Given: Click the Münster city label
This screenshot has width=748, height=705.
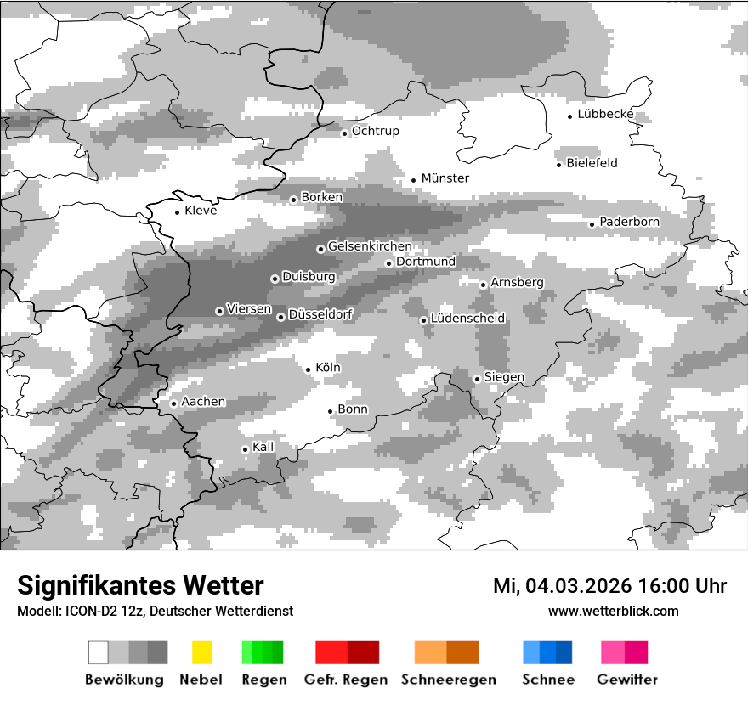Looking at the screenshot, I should click(445, 178).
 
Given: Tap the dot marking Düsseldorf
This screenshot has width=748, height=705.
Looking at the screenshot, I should click(281, 317).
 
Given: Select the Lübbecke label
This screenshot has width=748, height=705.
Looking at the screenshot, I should click(605, 114).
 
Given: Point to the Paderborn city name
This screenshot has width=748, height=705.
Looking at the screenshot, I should click(629, 223).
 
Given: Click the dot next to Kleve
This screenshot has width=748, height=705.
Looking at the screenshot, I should click(177, 212).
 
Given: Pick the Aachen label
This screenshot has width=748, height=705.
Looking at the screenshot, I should click(203, 402).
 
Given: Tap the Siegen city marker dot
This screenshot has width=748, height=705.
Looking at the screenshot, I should click(477, 379).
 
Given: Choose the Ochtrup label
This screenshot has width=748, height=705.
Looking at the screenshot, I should click(375, 132).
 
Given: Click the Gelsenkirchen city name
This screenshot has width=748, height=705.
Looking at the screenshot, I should click(370, 247).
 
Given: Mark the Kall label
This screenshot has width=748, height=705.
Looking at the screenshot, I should click(263, 447).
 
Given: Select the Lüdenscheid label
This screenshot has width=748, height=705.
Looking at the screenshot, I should click(467, 319).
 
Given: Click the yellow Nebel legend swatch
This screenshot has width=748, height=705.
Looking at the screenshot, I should click(201, 652).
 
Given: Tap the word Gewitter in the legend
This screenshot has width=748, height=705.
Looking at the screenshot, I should click(626, 680).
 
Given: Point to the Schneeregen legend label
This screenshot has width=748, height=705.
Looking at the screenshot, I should click(448, 680).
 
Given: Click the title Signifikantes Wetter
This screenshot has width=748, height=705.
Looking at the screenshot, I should click(140, 585).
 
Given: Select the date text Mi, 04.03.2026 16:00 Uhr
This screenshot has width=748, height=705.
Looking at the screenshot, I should click(609, 586).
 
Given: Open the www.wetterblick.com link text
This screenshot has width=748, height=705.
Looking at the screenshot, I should click(613, 611).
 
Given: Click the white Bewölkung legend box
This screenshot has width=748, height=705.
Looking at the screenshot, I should click(99, 652).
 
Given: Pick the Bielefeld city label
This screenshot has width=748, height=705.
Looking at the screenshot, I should click(592, 163).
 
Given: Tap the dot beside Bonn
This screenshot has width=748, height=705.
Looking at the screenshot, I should click(331, 411).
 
